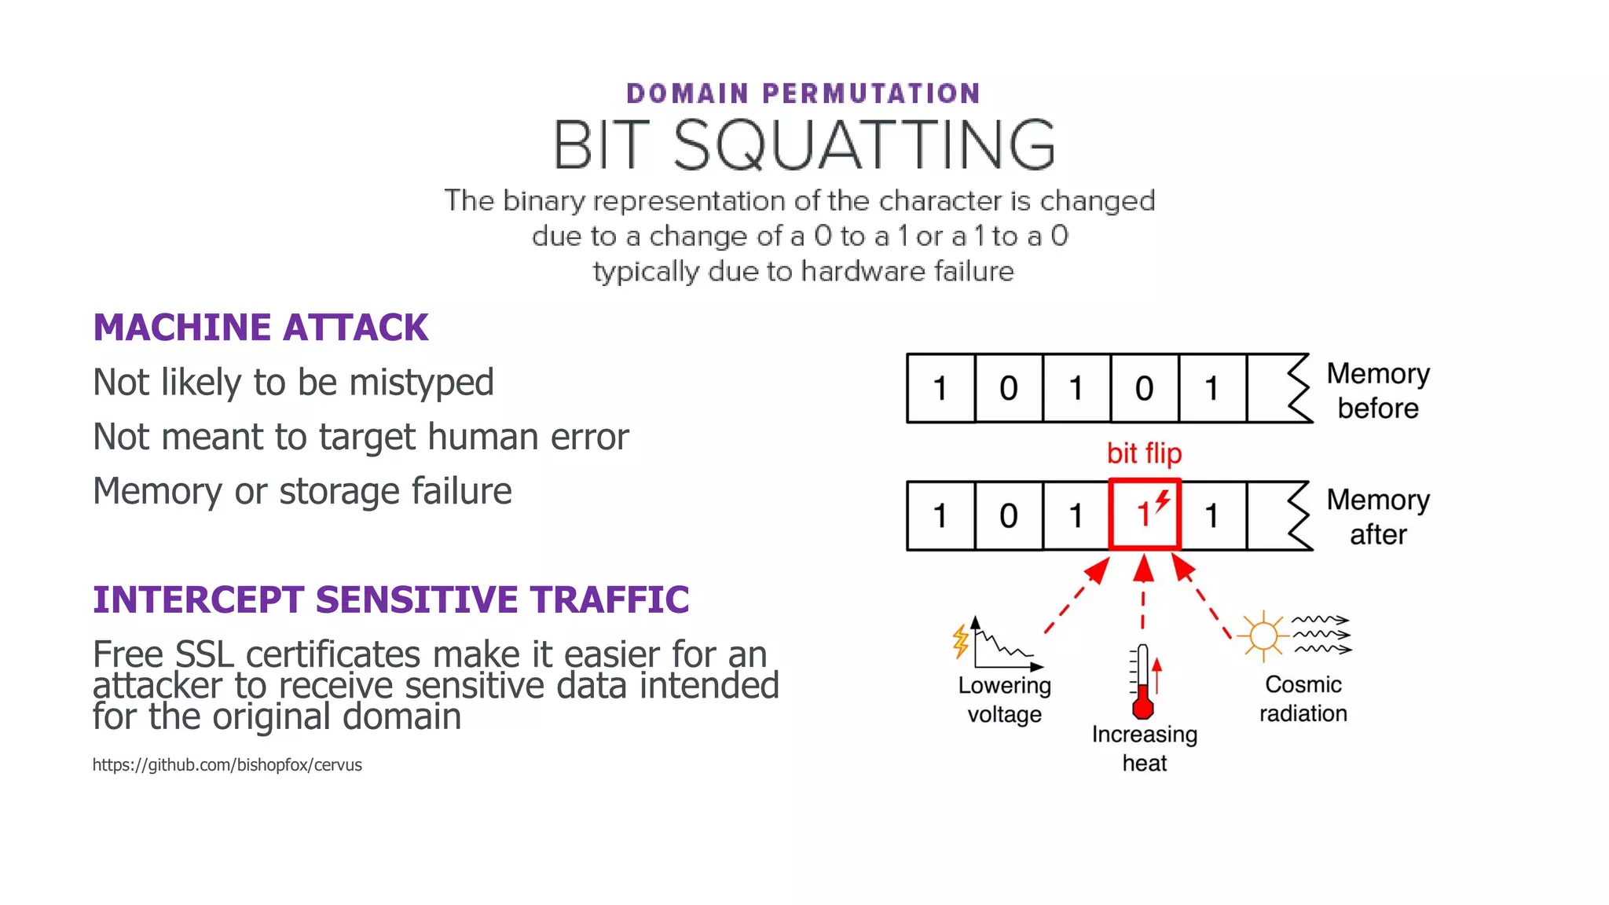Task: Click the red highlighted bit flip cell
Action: coord(1145,515)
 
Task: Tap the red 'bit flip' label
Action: coord(1144,453)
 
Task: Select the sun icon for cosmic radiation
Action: coord(1263,635)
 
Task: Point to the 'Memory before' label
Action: coord(1378,390)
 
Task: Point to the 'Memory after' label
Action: coord(1378,517)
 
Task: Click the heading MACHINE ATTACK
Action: coord(260,328)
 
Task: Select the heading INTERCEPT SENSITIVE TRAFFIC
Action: coord(390,599)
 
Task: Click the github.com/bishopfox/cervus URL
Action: coord(227,764)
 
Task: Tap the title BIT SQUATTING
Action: coord(804,145)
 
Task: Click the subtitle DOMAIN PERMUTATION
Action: coord(804,93)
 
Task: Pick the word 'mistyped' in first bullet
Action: coord(421,383)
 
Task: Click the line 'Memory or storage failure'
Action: coord(302,491)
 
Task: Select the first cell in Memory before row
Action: coord(940,388)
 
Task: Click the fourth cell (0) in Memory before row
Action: coord(1144,388)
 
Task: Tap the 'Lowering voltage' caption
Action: coord(1004,700)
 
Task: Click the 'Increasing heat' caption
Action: coord(1144,748)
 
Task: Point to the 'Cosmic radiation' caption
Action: coord(1303,698)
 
